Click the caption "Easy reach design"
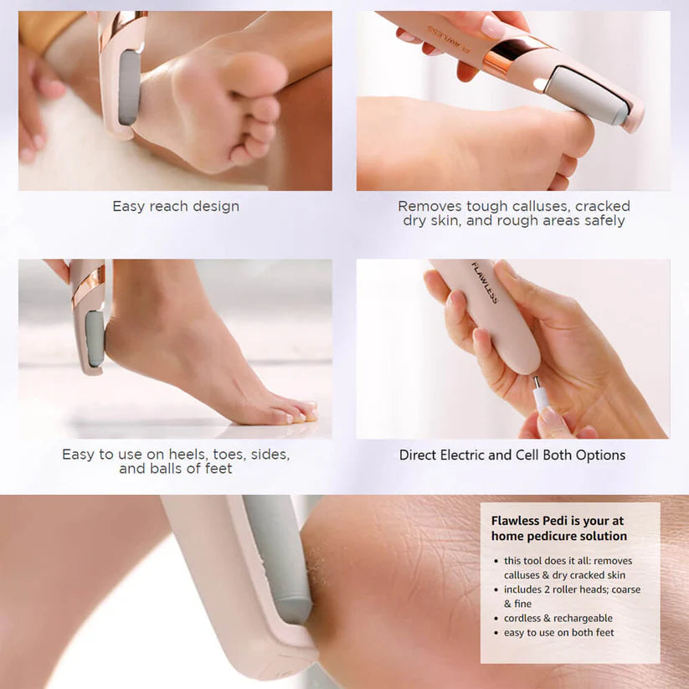click(x=176, y=206)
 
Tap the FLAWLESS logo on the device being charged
click(x=484, y=283)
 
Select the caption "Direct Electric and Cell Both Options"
click(x=512, y=455)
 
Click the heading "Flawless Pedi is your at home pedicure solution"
click(x=558, y=528)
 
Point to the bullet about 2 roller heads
click(x=572, y=596)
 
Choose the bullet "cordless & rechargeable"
click(x=558, y=618)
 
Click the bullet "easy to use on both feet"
click(x=558, y=632)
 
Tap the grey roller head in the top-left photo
click(x=129, y=88)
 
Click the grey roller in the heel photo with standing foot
click(x=95, y=338)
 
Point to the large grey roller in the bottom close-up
click(x=277, y=556)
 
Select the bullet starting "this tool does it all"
click(x=568, y=568)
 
